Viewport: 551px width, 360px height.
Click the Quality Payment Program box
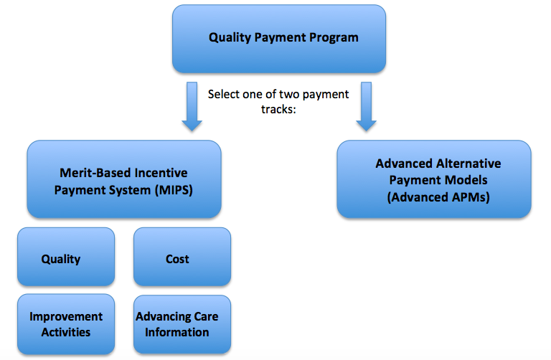[279, 39]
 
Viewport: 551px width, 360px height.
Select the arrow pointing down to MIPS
[192, 107]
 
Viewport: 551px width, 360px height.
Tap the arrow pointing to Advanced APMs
[366, 107]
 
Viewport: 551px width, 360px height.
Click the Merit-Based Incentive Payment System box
[124, 179]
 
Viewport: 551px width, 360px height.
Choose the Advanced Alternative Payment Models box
[434, 179]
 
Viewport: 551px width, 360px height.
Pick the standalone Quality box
[66, 257]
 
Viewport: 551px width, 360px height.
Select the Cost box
[182, 257]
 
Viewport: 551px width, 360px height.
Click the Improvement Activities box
[66, 324]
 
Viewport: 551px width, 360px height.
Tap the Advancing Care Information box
[182, 324]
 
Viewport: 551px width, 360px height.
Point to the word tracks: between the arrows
[278, 109]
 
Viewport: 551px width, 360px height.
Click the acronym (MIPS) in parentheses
[174, 190]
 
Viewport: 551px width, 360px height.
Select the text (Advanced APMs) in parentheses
[438, 197]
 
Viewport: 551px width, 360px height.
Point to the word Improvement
[66, 317]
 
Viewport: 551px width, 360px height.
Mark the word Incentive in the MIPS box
[161, 173]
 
